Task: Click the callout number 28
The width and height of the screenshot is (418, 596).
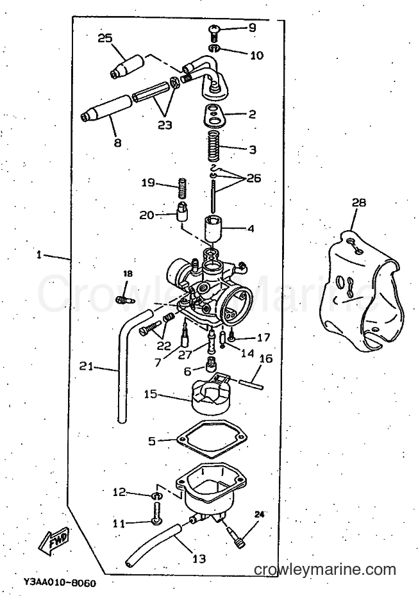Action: pyautogui.click(x=358, y=203)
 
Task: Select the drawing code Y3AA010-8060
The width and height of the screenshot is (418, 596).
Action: pyautogui.click(x=60, y=582)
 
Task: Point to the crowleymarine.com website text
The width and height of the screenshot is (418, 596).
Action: pyautogui.click(x=325, y=570)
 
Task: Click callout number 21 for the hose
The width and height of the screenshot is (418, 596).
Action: pyautogui.click(x=87, y=367)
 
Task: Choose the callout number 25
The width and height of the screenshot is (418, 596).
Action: pyautogui.click(x=105, y=38)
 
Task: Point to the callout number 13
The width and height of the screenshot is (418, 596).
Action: pyautogui.click(x=199, y=558)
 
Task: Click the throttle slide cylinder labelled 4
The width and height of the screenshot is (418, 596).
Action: pyautogui.click(x=215, y=229)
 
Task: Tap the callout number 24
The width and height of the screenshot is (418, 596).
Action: pyautogui.click(x=259, y=515)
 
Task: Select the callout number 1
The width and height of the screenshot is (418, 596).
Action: pyautogui.click(x=38, y=255)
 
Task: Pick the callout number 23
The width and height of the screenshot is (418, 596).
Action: pyautogui.click(x=165, y=125)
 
